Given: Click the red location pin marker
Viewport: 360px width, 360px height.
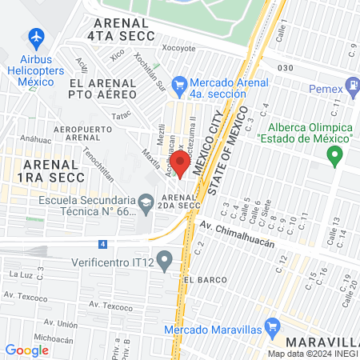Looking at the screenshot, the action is (x=180, y=165).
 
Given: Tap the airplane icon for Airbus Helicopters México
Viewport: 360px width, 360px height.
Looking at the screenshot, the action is (x=35, y=37).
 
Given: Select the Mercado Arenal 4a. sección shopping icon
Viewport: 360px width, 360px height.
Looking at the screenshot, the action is (x=180, y=83).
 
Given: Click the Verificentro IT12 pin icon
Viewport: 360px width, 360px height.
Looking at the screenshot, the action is (x=165, y=259).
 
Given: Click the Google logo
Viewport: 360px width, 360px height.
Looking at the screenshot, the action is (x=26, y=350).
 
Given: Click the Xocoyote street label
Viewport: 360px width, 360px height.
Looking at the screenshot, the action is (x=179, y=48).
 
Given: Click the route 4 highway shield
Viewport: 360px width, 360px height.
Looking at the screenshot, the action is (x=102, y=243).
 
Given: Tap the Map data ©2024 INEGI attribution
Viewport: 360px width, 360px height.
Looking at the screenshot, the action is (x=312, y=354).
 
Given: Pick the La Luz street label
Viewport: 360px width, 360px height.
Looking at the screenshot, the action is (x=18, y=274).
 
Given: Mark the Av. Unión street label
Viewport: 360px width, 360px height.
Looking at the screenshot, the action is (x=62, y=324).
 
